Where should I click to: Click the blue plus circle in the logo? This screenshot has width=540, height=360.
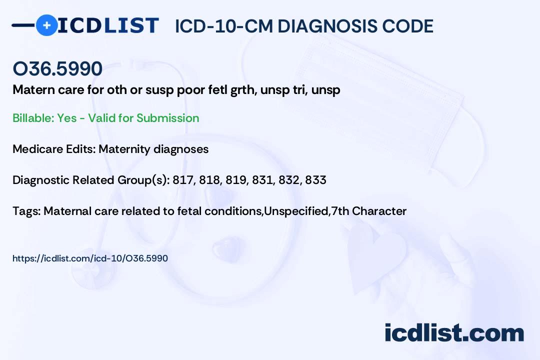tap(46, 25)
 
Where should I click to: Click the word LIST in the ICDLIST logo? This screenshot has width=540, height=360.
tap(131, 25)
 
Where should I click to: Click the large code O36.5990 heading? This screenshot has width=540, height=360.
tap(57, 68)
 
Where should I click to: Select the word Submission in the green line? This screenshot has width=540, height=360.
tap(167, 118)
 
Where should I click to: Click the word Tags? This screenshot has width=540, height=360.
tap(26, 211)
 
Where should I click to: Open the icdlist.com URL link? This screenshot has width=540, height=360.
tap(90, 258)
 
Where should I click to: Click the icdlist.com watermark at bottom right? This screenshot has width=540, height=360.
tap(454, 333)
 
